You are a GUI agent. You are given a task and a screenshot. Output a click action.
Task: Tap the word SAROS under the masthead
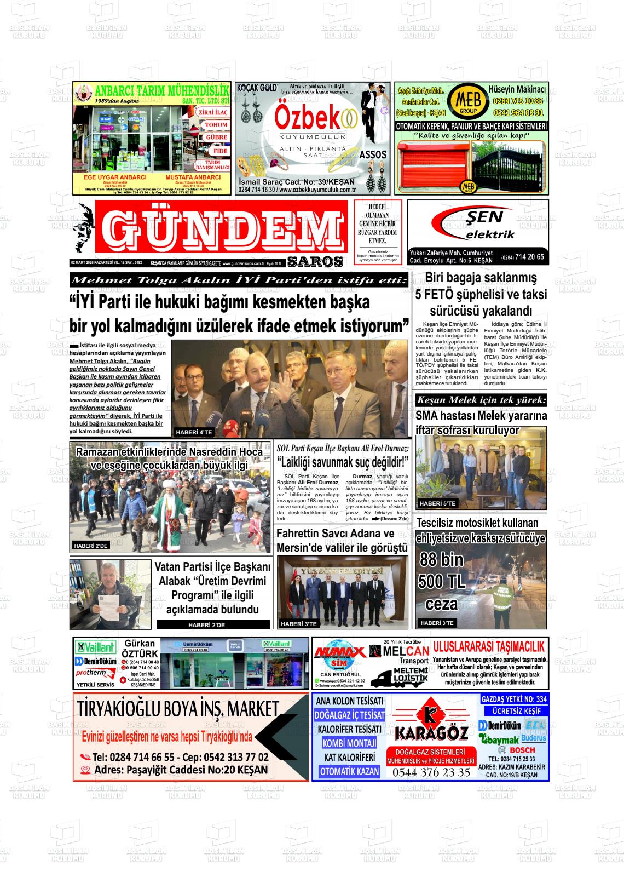coord(315,262)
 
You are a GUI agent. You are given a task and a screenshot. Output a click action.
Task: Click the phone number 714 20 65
coord(529,257)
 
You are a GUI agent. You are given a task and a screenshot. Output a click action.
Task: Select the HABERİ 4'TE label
coord(194,432)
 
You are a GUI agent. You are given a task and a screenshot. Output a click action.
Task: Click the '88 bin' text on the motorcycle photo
coord(441,559)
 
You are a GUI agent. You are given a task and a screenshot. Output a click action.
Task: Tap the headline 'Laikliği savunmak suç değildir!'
coord(343,462)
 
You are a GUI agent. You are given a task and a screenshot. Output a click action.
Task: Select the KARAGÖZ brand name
coord(432,733)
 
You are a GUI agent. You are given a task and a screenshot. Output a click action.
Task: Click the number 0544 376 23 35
coord(431,772)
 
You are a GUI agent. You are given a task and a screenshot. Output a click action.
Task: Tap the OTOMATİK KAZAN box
coord(349,771)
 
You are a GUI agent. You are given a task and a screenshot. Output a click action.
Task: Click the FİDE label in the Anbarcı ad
coord(221,151)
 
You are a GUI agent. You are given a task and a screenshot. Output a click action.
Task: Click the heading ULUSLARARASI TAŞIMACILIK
coord(489,646)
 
